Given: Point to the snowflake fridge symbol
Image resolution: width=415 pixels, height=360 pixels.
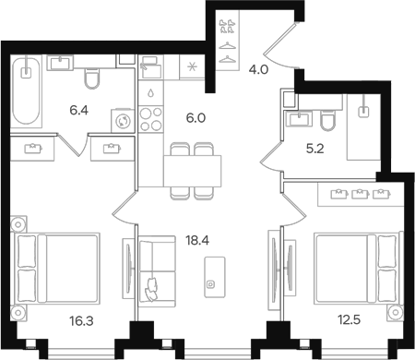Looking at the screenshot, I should click(192, 66).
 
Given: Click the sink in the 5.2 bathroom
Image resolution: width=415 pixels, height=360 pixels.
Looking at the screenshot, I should click(298, 117).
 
